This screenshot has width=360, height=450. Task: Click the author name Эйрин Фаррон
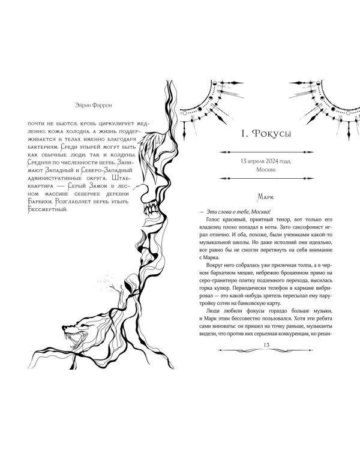pyautogui.click(x=94, y=105)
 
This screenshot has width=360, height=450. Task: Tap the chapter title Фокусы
pyautogui.click(x=272, y=134)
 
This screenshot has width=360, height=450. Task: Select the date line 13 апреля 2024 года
pyautogui.click(x=266, y=161)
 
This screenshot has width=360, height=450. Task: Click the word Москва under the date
pyautogui.click(x=266, y=170)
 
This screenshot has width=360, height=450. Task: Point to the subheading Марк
pyautogui.click(x=266, y=197)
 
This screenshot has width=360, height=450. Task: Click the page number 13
pyautogui.click(x=266, y=344)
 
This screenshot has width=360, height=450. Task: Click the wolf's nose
pyautogui.click(x=64, y=327)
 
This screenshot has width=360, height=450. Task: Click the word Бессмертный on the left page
pyautogui.click(x=47, y=209)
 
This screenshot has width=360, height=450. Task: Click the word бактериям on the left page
pyautogui.click(x=44, y=147)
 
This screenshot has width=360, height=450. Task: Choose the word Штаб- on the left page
pyautogui.click(x=121, y=178)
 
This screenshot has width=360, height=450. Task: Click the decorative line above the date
pyautogui.click(x=266, y=152)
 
